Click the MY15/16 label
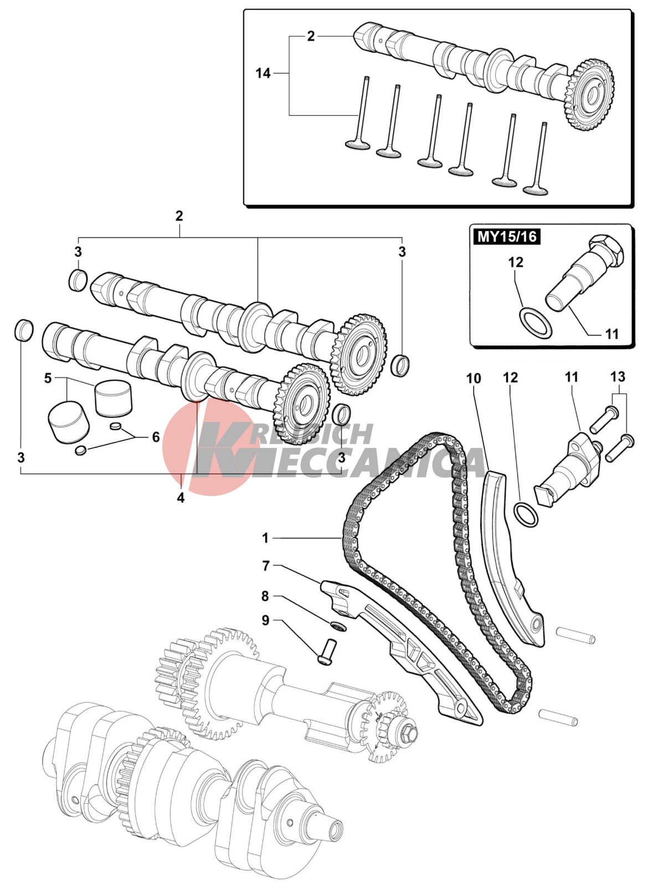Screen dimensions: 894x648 tap(507, 237)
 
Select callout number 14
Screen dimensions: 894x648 tap(263, 73)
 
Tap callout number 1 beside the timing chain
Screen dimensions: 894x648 tap(265, 538)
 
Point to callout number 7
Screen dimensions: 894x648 tap(266, 566)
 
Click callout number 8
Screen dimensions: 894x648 tap(265, 596)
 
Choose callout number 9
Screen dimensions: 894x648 tap(266, 620)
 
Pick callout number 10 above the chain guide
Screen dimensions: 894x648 tap(474, 379)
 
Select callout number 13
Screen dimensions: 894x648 tap(618, 377)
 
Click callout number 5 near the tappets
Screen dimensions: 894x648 tap(48, 379)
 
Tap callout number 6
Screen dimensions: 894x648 tap(156, 437)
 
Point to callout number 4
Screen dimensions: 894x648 tap(181, 498)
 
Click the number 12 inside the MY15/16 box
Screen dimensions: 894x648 tap(516, 262)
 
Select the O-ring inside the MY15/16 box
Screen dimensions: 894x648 tap(535, 322)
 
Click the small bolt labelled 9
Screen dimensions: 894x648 tap(327, 651)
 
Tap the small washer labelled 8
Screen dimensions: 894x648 tap(338, 626)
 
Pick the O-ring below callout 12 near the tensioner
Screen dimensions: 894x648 tap(526, 515)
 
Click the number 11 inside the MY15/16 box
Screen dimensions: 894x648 tap(611, 334)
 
